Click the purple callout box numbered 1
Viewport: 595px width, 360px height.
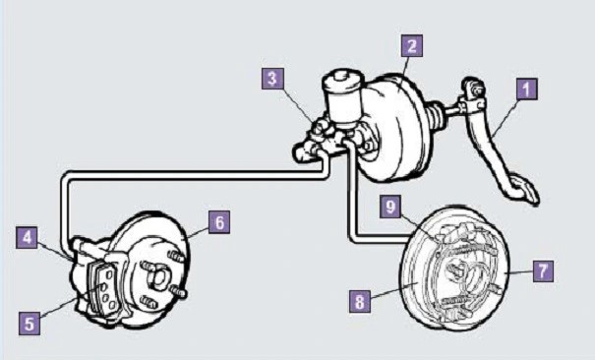point(527,90)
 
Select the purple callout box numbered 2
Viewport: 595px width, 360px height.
point(412,46)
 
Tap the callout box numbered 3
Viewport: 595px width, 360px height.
point(272,79)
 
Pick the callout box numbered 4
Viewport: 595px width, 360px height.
point(27,237)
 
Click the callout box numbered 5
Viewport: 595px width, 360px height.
point(30,324)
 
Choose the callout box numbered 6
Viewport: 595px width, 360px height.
point(219,222)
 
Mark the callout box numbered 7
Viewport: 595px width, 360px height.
point(543,270)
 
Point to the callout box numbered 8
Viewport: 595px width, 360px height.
point(360,301)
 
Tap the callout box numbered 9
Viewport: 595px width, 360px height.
point(390,207)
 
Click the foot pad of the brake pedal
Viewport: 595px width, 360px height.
point(524,189)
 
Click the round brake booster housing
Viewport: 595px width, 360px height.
point(394,128)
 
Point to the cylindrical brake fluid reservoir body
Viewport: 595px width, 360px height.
point(343,107)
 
